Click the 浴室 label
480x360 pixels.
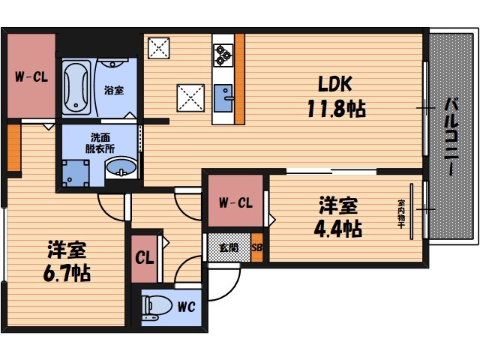[x=114, y=90]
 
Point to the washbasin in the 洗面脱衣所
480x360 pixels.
[x=120, y=169]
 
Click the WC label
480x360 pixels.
[x=187, y=307]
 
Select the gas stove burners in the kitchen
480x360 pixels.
[x=223, y=52]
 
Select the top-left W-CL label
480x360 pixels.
[x=31, y=76]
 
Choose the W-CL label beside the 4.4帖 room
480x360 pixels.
[x=235, y=202]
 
